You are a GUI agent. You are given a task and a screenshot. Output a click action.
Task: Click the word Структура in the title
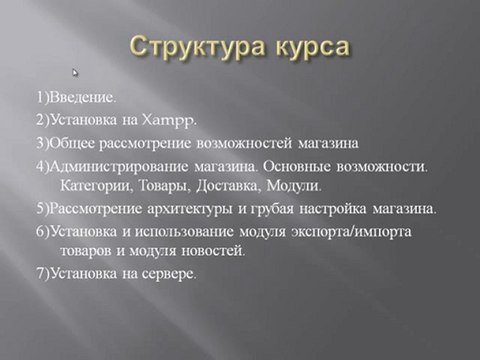coord(197,47)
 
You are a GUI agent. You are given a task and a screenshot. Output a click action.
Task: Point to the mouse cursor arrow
coord(75,73)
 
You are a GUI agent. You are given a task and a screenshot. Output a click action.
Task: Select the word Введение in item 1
coord(82,98)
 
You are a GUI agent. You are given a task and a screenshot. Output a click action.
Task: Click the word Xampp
coord(169,121)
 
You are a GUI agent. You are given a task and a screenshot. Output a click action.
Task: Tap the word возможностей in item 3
coord(244,144)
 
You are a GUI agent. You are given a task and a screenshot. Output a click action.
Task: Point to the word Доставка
coord(228,186)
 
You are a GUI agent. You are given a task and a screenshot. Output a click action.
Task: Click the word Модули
coord(294,186)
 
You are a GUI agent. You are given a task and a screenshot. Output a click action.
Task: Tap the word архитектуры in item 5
coord(189,209)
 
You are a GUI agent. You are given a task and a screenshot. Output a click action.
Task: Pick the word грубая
coord(272,209)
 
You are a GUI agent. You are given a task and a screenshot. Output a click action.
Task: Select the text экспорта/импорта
coord(351,232)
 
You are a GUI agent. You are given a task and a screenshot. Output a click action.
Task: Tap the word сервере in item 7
coord(169,274)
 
